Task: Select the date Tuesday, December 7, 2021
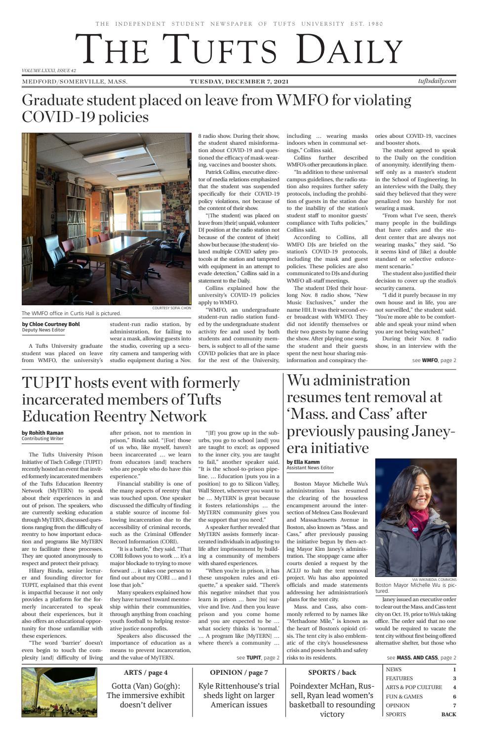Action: click(x=239, y=82)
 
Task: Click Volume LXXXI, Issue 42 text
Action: click(x=49, y=71)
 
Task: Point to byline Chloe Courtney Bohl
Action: click(x=50, y=324)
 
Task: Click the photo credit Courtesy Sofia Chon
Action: click(x=171, y=308)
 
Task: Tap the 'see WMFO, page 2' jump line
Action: click(x=434, y=361)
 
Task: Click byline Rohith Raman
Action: click(x=43, y=433)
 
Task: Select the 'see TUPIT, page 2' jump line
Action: click(x=258, y=657)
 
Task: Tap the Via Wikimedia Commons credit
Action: click(x=434, y=579)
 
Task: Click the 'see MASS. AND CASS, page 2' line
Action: click(x=421, y=657)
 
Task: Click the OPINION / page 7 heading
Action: click(x=239, y=672)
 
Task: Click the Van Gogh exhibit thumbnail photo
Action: click(x=59, y=692)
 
